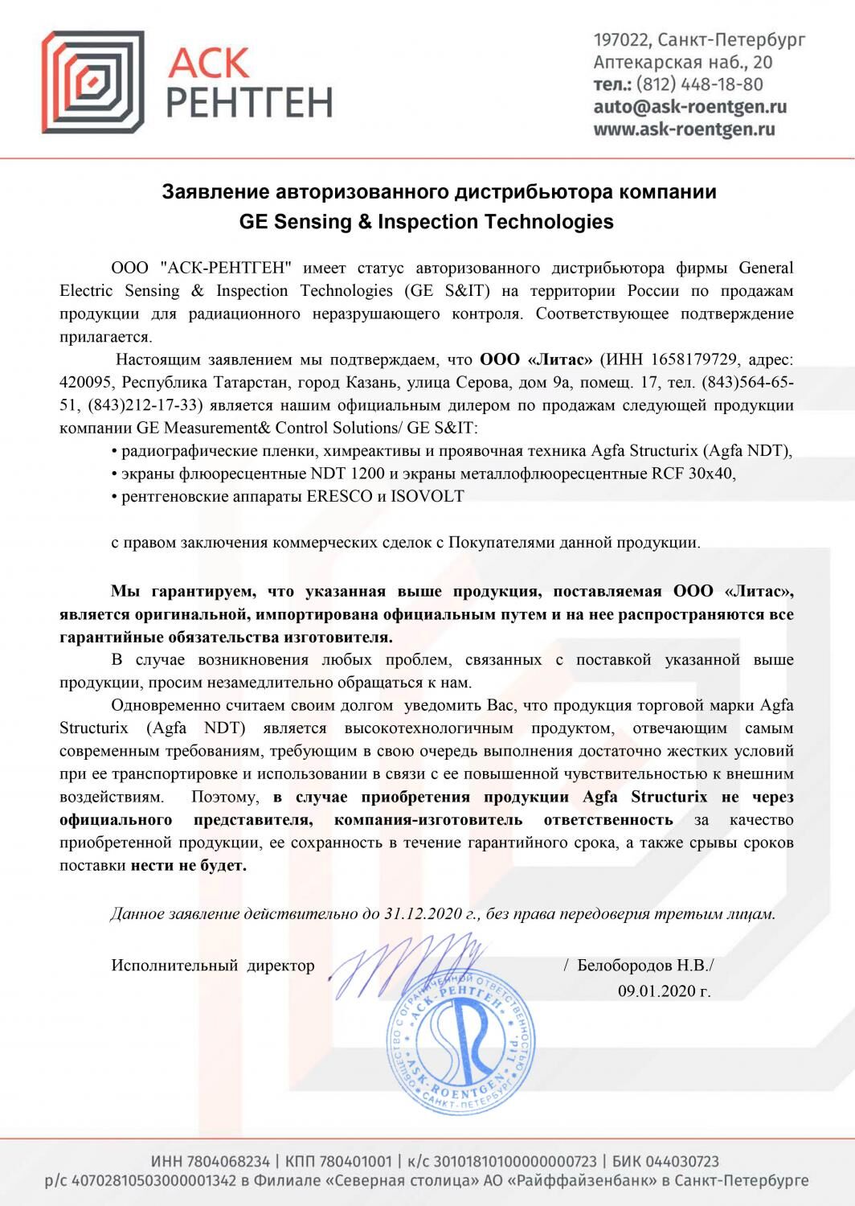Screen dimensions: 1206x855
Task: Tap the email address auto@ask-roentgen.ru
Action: coord(690,107)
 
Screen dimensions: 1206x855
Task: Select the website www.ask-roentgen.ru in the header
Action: coord(684,129)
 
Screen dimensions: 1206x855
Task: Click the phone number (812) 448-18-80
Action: coord(699,84)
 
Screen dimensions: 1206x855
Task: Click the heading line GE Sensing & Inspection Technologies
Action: coord(427,222)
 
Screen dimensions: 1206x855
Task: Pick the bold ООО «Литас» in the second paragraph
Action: coord(536,358)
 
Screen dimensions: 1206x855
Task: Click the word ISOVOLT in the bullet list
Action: coord(427,496)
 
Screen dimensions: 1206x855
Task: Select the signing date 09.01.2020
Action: coord(664,991)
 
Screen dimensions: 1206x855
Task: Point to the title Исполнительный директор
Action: coord(213,965)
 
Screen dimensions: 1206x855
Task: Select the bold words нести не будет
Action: coord(189,867)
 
